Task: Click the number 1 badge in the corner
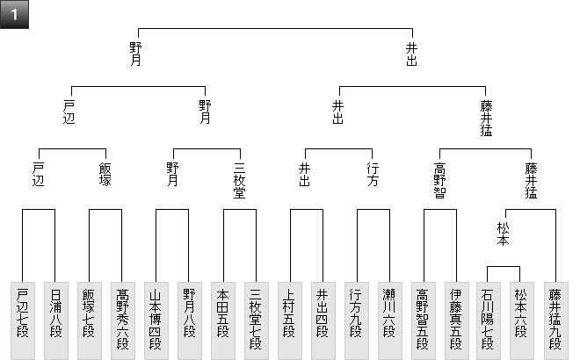click(14, 14)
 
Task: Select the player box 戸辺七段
click(22, 320)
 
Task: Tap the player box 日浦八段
click(55, 320)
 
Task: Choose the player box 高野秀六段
click(122, 320)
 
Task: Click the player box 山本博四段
click(156, 320)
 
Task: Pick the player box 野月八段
click(189, 320)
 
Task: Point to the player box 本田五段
click(222, 320)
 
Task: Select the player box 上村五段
click(289, 320)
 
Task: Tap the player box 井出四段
click(323, 320)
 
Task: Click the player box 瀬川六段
click(389, 320)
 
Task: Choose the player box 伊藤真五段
click(456, 320)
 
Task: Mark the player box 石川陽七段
click(489, 320)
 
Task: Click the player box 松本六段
click(523, 320)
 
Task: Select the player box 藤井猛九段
click(555, 320)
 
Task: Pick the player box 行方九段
click(356, 320)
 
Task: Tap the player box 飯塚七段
click(89, 320)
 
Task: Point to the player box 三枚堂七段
click(256, 320)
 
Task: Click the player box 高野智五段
click(423, 320)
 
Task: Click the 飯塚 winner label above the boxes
click(105, 175)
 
